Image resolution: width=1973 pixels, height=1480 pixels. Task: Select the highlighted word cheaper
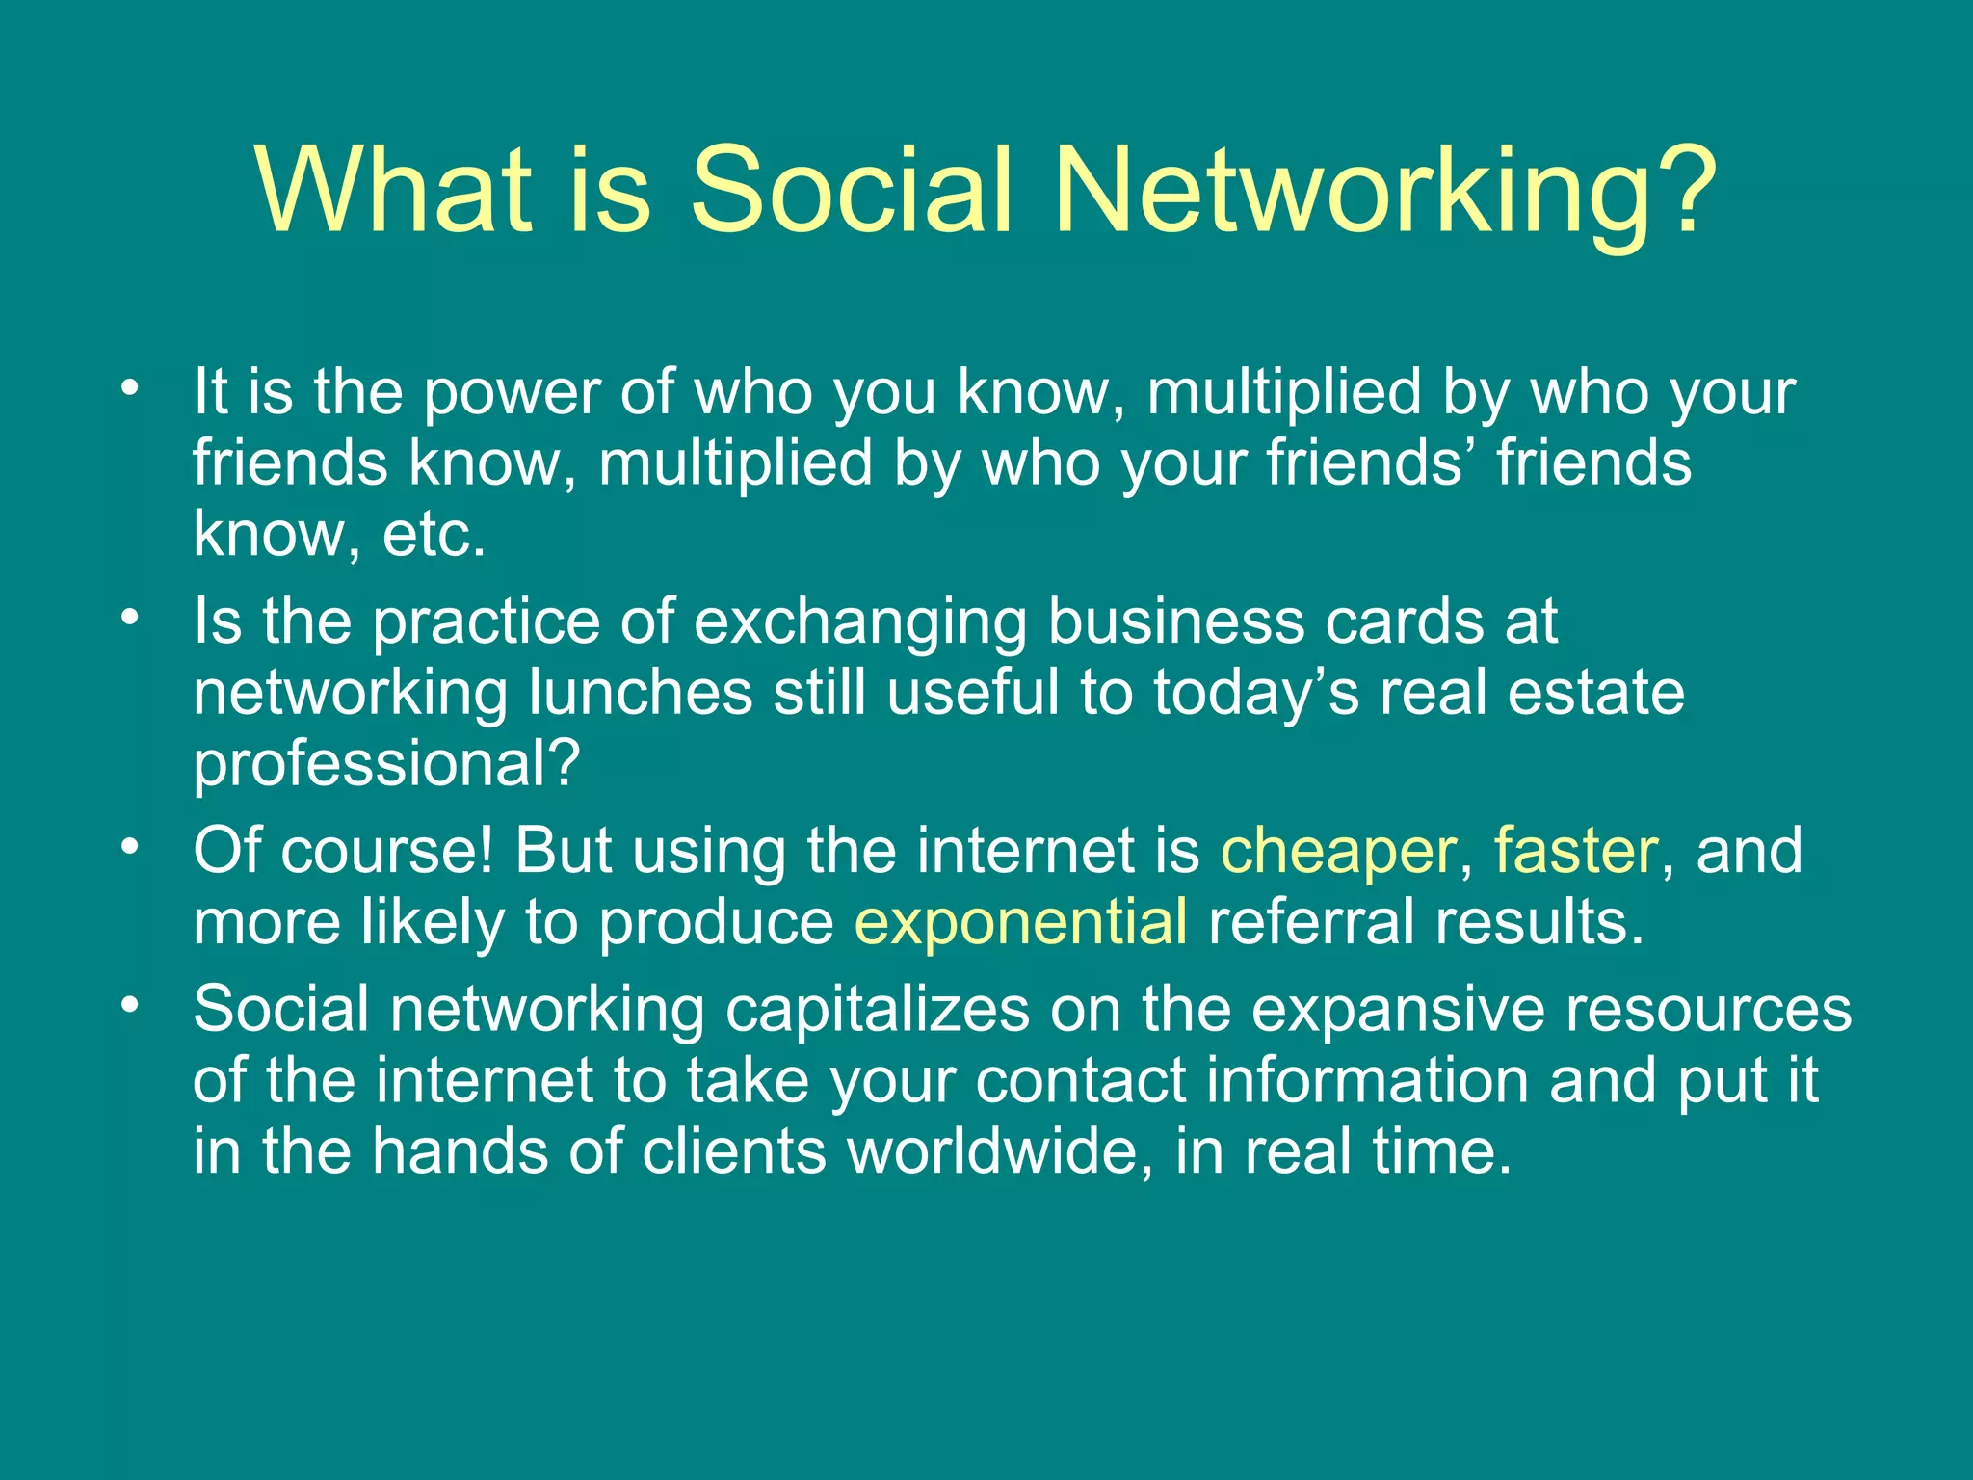point(1338,853)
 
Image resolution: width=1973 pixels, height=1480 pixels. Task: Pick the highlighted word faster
point(1575,851)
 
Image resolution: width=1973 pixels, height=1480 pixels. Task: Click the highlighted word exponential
point(1020,922)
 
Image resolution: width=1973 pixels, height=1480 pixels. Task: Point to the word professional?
point(386,764)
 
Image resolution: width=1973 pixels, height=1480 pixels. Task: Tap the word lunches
point(641,693)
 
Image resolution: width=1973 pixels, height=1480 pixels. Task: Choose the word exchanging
point(860,623)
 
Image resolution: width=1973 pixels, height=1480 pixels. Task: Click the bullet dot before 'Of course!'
point(130,847)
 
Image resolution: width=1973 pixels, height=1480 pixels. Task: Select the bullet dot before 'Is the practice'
point(130,618)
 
